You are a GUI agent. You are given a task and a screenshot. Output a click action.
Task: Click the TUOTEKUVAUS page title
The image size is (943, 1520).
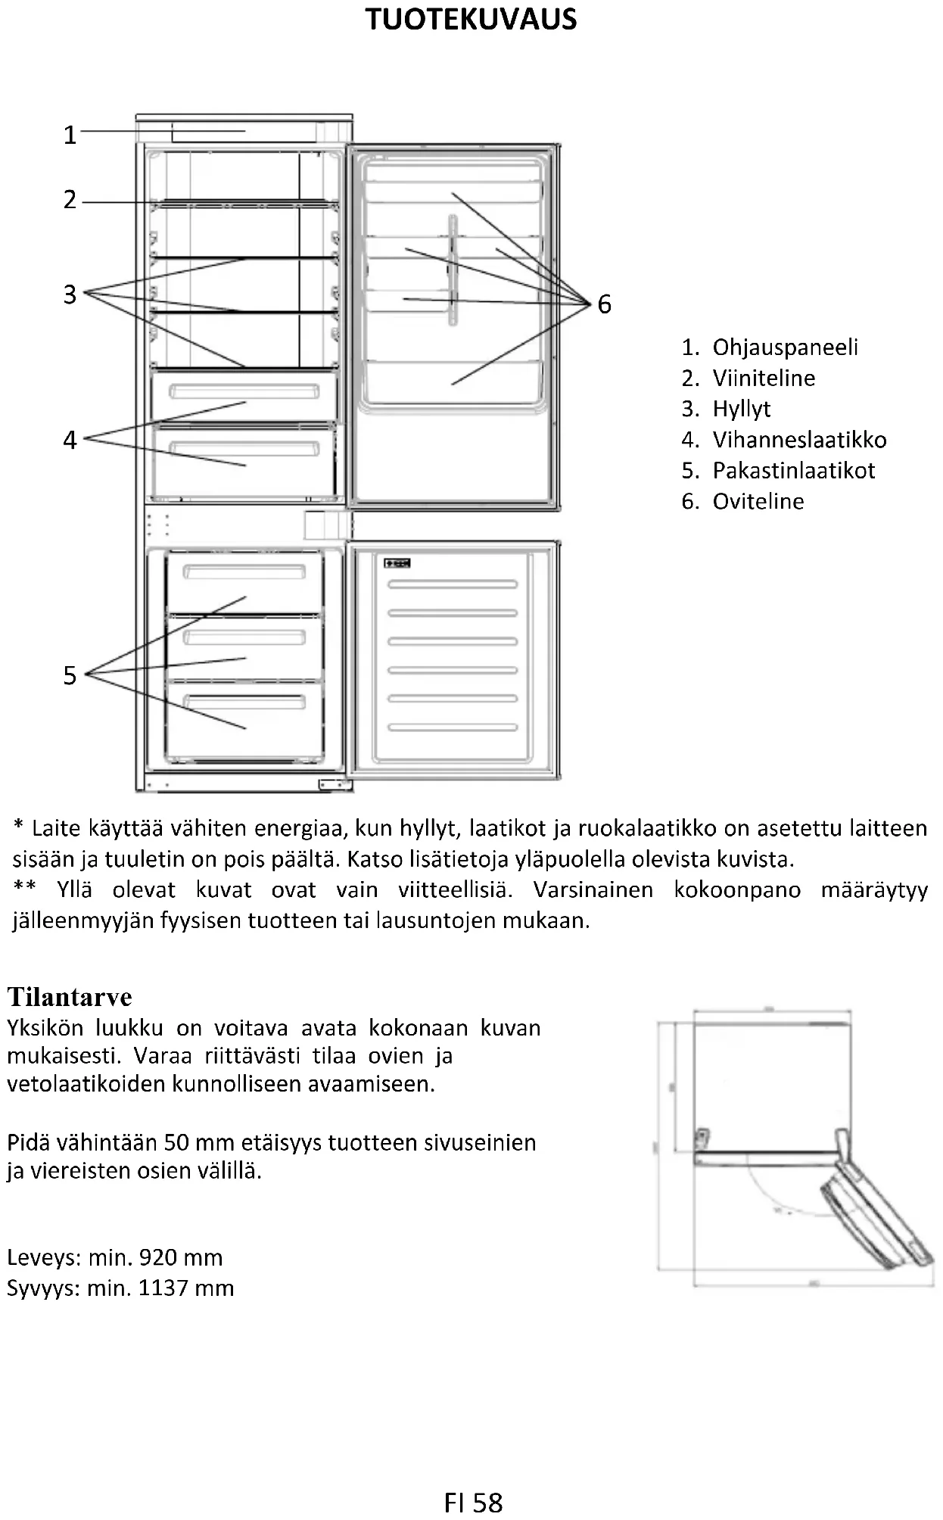pos(471,20)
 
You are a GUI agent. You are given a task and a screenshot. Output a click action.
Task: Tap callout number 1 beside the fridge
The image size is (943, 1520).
pos(70,135)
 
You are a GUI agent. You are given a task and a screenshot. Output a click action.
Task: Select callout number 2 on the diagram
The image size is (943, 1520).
pos(70,200)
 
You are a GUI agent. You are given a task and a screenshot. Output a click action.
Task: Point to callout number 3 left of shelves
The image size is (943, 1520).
pos(70,294)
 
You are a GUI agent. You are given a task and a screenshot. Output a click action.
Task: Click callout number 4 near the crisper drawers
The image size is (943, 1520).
pos(70,440)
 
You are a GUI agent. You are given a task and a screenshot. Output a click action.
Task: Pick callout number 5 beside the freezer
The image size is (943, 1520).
pos(70,675)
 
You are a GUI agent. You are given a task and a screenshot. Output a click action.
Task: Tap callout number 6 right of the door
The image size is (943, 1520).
pos(604,304)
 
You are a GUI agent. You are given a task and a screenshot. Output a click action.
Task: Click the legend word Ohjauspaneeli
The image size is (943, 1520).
pos(785,347)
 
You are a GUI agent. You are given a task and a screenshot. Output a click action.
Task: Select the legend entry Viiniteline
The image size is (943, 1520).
pos(764,378)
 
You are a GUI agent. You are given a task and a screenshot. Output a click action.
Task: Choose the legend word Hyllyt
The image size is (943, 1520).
pos(741,410)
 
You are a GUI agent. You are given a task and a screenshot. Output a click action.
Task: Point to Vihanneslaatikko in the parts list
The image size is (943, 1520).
pos(799,440)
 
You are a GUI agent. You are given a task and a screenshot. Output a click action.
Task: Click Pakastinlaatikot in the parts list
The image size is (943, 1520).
pos(793,471)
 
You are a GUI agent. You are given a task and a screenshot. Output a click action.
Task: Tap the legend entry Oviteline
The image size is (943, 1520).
pos(758,501)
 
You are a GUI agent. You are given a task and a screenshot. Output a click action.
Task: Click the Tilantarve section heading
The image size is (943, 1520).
pos(70,997)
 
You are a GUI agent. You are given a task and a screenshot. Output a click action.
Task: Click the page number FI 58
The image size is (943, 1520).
pos(473,1503)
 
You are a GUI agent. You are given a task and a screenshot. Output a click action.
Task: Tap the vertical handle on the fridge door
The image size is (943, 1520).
pos(453,269)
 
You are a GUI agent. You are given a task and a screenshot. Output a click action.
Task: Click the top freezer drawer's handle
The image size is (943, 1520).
pos(244,572)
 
